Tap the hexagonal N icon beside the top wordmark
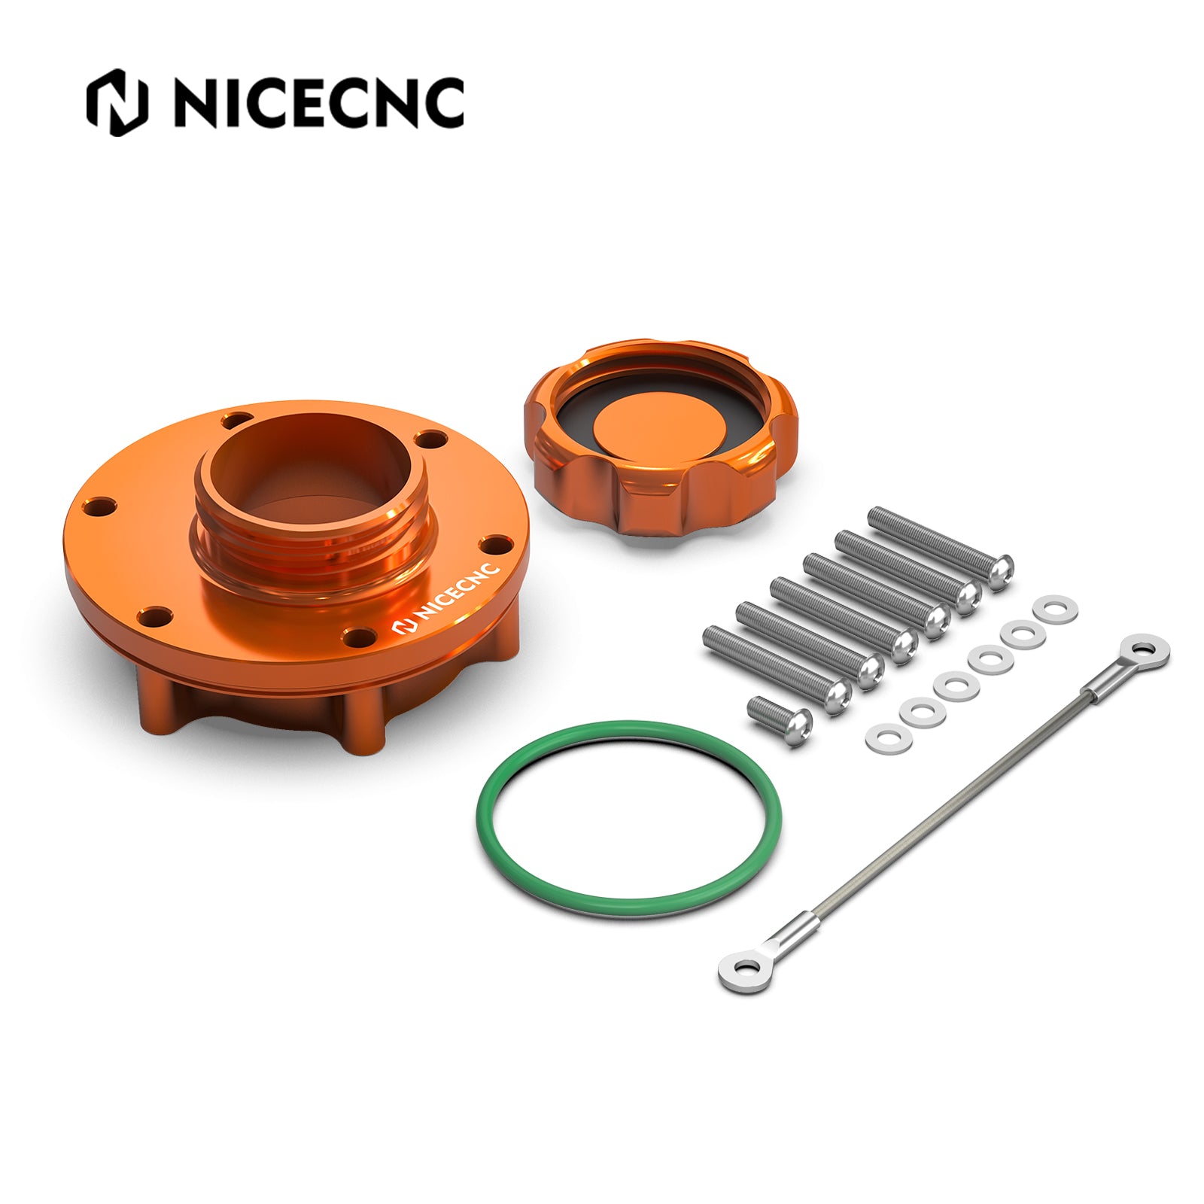point(117,102)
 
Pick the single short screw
point(780,719)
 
